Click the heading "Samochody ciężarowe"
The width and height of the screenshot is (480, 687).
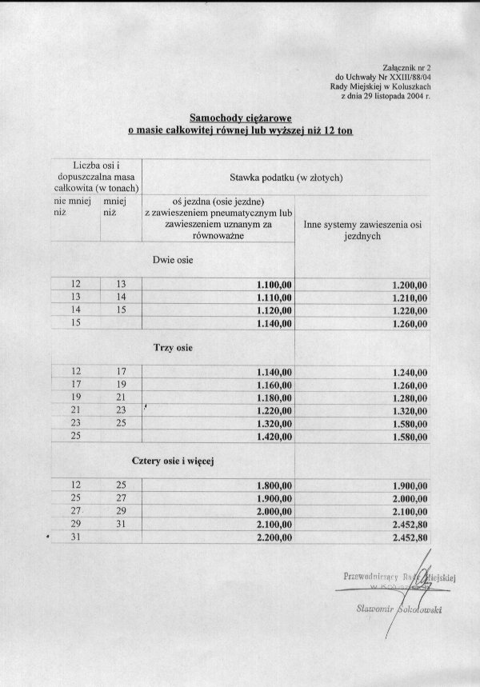point(240,117)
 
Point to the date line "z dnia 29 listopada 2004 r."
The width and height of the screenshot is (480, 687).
point(386,96)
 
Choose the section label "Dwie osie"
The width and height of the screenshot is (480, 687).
point(172,260)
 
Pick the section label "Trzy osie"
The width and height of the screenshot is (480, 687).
point(172,348)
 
